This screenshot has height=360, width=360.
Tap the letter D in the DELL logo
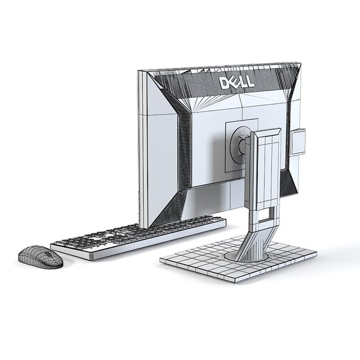pyautogui.click(x=223, y=82)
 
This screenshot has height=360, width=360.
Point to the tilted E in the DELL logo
pyautogui.click(x=233, y=82)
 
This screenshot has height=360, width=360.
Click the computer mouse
pyautogui.click(x=40, y=257)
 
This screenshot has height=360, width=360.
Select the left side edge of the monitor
pyautogui.click(x=142, y=150)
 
